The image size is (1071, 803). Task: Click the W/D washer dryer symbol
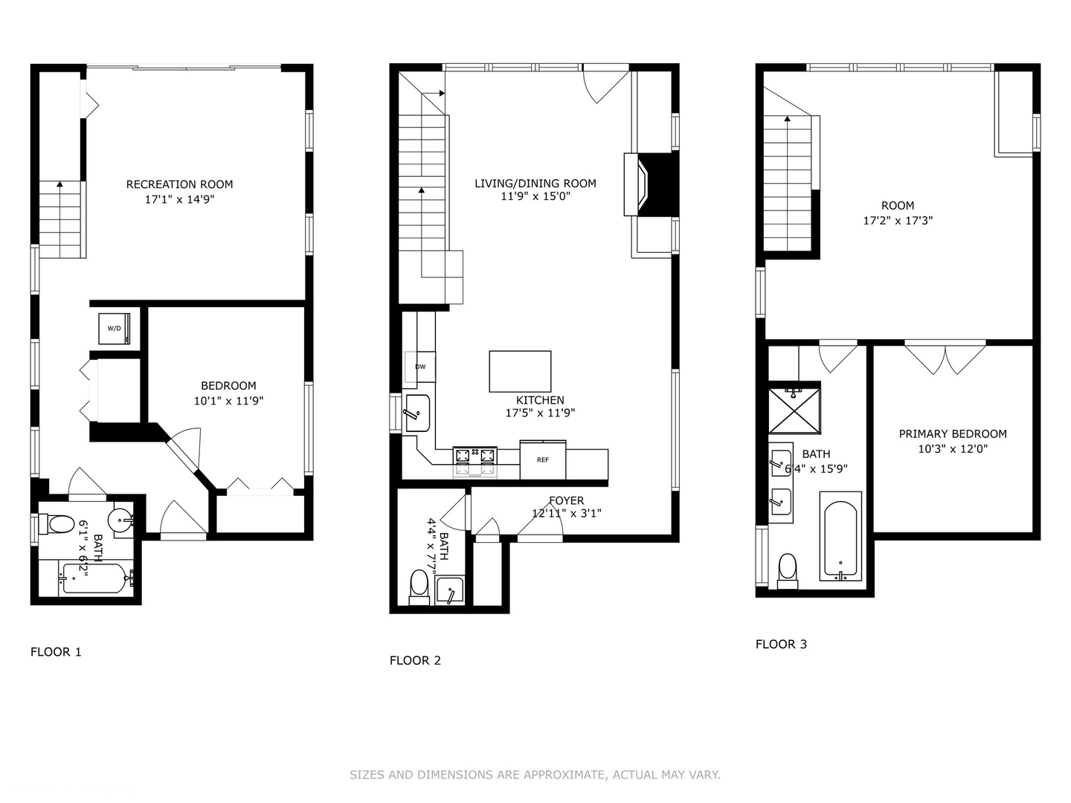(x=114, y=328)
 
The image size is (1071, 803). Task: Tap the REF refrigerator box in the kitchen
(x=543, y=459)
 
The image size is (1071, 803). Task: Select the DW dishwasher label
(x=420, y=367)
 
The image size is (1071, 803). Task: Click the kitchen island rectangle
(x=520, y=371)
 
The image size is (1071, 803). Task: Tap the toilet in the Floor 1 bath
(x=59, y=524)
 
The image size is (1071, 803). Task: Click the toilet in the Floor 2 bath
(x=419, y=584)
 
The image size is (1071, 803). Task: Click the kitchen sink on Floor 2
(x=417, y=413)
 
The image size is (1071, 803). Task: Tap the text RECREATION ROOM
(x=179, y=184)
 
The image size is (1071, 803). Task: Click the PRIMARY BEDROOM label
(x=953, y=433)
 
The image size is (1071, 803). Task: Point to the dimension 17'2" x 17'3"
(x=898, y=220)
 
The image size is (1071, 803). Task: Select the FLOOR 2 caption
(x=415, y=660)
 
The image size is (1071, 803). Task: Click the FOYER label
(x=566, y=500)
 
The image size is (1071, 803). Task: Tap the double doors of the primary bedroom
(x=945, y=358)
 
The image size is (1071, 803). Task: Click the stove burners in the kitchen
(x=475, y=461)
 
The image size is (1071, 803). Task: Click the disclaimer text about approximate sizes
(x=535, y=775)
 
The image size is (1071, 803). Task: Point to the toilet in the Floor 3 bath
(x=788, y=570)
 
